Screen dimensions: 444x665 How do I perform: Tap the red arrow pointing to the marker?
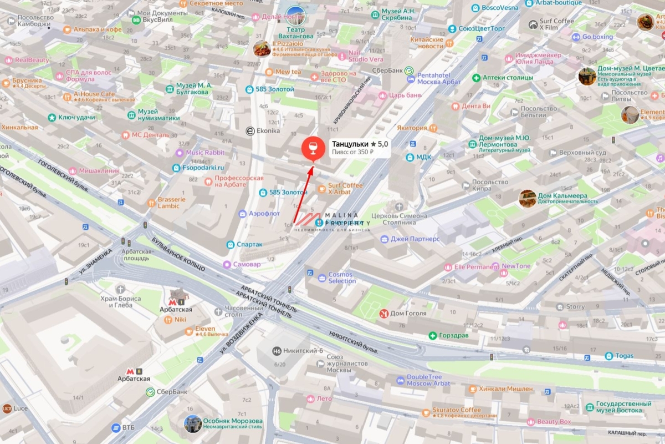pos(302,194)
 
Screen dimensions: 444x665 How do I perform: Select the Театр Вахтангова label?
pos(303,33)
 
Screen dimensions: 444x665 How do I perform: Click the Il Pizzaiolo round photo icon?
pos(262,49)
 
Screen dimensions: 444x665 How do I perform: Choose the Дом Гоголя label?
pos(408,314)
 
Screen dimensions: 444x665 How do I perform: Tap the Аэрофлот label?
pos(264,214)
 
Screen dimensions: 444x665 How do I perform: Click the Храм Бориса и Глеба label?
pos(121,302)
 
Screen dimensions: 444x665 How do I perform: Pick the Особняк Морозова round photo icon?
pos(193,424)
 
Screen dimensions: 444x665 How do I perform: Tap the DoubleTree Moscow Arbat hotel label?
pos(428,380)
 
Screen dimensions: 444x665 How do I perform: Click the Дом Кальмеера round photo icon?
pos(528,198)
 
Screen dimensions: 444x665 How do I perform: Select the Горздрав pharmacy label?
pos(454,336)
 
